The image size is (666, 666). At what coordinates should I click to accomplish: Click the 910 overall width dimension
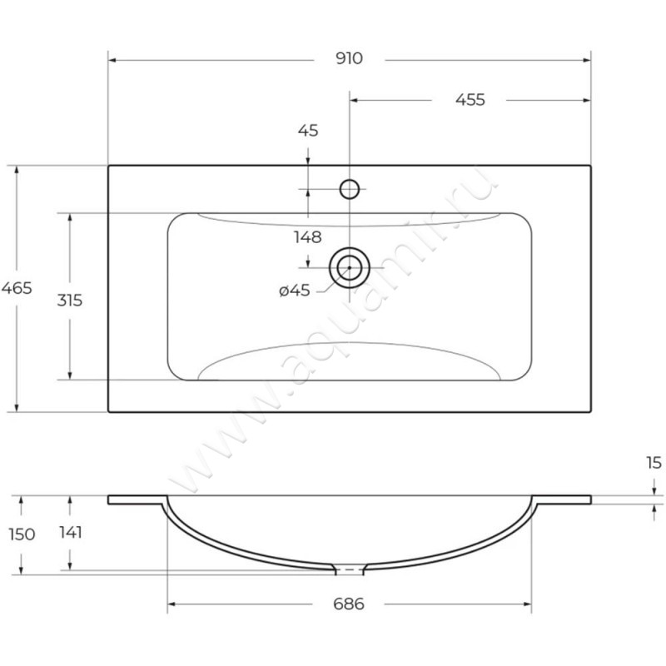[x=350, y=59]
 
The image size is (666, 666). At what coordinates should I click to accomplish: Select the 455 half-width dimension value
[x=470, y=100]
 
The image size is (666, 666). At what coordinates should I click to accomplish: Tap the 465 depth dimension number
[x=17, y=288]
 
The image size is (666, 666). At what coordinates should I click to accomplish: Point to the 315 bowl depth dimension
[x=69, y=300]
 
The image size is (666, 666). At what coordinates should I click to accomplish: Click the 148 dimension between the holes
[x=307, y=237]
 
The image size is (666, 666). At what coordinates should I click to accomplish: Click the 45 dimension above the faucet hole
[x=308, y=130]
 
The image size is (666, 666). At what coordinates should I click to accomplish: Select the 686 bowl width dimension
[x=350, y=604]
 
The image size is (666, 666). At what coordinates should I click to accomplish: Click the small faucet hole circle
[x=350, y=188]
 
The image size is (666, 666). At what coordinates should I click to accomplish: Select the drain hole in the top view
[x=350, y=266]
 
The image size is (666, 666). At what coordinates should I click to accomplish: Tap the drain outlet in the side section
[x=350, y=570]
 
